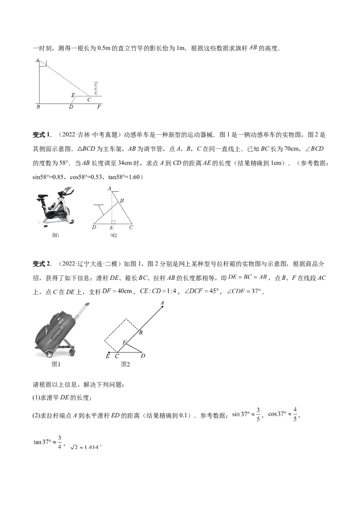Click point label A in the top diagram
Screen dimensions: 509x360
(37, 60)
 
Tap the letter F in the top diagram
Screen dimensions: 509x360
(99, 107)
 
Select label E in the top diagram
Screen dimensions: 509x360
(73, 95)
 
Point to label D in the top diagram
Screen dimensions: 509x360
(71, 107)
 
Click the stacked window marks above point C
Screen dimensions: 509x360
(96, 88)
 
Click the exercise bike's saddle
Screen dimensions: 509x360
(42, 196)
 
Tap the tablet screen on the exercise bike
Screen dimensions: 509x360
(67, 190)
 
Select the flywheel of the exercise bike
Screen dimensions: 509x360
(63, 211)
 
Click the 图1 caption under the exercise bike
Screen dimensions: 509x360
(56, 235)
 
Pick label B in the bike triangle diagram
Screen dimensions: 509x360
(122, 201)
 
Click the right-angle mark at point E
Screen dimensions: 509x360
(113, 222)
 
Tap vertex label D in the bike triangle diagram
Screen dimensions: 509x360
(94, 228)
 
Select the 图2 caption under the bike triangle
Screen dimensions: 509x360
(113, 235)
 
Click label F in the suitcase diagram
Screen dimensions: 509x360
(125, 342)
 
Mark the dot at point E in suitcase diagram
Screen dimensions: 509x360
(109, 352)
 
